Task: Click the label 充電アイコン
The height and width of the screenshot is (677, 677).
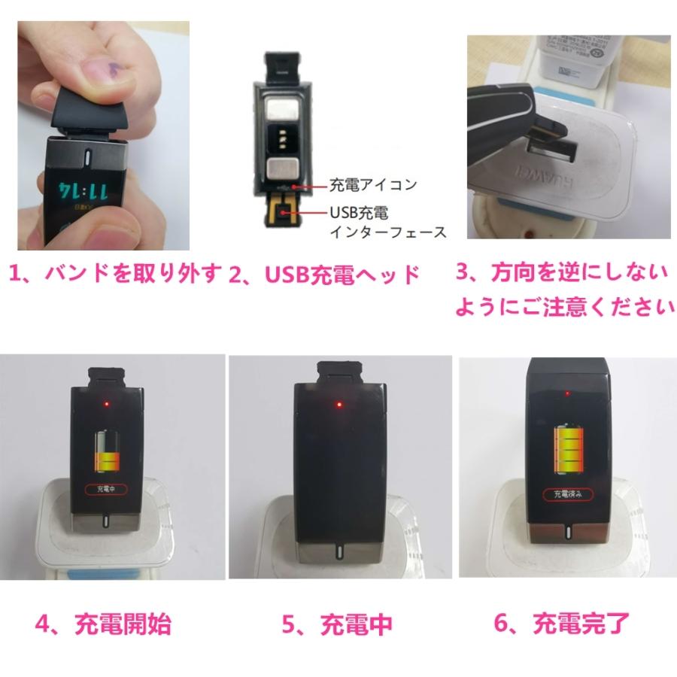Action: point(362,184)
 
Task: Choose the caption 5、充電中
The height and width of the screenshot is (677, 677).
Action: point(335,623)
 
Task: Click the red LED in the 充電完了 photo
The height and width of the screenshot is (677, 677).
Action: point(566,393)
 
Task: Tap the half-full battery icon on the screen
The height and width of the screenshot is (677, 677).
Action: point(108,452)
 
